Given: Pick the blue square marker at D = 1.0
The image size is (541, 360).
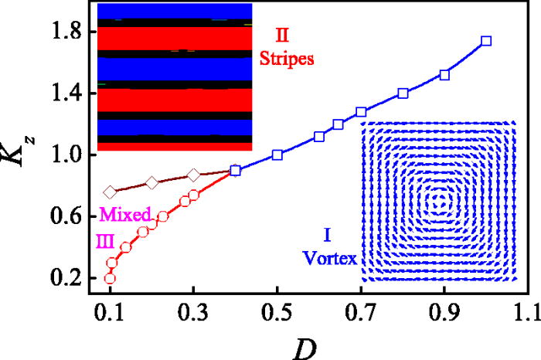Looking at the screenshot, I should [486, 41].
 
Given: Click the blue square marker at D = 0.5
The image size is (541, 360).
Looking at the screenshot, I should [277, 155].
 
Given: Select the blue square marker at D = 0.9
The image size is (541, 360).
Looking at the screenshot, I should [444, 75].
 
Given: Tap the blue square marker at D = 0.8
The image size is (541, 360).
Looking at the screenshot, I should [403, 93].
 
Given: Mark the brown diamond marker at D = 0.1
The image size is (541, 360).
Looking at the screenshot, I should [111, 192].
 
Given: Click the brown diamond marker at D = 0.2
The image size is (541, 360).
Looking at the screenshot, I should [152, 182].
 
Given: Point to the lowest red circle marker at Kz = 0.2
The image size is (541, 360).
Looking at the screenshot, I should [111, 278].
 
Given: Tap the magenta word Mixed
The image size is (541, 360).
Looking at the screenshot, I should [121, 212].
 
